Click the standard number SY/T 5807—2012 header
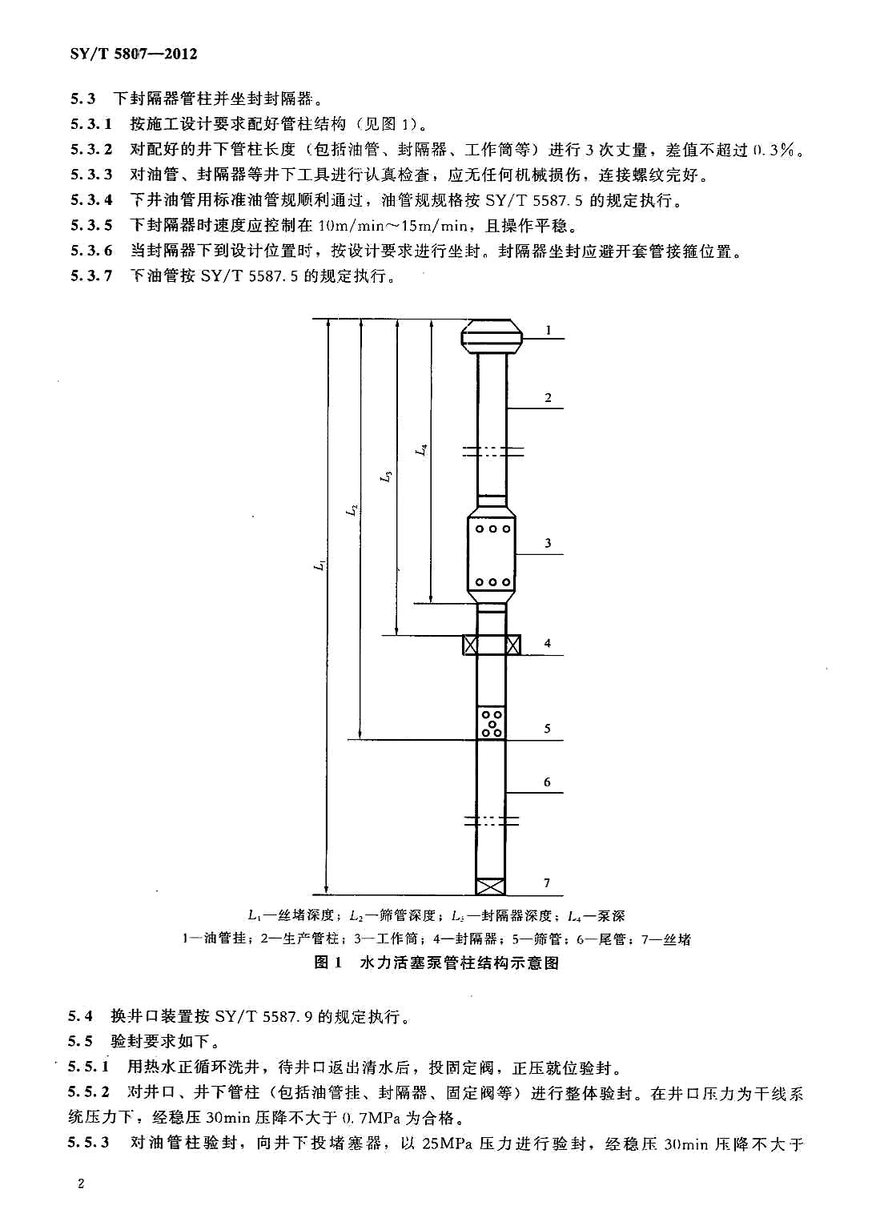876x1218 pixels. [x=134, y=54]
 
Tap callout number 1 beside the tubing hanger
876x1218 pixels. [x=549, y=330]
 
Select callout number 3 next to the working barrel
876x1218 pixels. [x=549, y=543]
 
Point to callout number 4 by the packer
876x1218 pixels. [x=548, y=643]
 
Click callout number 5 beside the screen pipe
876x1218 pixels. [x=548, y=729]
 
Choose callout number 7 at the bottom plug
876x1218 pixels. [x=547, y=883]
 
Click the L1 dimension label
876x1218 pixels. [x=319, y=565]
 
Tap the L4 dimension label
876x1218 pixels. [x=421, y=450]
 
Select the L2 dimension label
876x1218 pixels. [x=352, y=509]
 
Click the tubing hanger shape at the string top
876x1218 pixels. [x=492, y=336]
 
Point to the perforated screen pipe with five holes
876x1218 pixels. [x=492, y=722]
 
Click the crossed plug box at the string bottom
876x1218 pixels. [x=491, y=886]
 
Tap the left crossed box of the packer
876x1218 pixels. [x=470, y=645]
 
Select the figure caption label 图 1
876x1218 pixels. [x=328, y=963]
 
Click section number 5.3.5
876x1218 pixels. [x=91, y=225]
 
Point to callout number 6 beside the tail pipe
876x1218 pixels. [x=547, y=782]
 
